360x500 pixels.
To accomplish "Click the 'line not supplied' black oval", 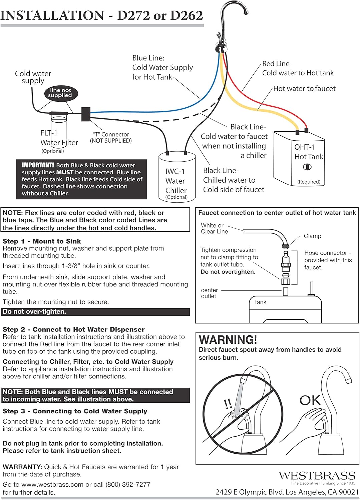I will coord(60,93).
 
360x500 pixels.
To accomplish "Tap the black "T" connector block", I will coord(86,114).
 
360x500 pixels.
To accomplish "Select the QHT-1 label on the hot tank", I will coord(304,147).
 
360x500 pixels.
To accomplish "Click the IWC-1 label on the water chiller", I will coord(175,171).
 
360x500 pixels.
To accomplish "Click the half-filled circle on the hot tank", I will coord(307,167).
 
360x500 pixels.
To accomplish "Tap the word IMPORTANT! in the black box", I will coord(38,165).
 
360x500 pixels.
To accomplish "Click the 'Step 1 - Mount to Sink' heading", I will coord(42,241).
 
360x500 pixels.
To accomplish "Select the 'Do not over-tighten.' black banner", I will coord(96,312).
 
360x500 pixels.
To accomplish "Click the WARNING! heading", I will coord(228,340).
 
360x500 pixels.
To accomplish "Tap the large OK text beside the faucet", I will coord(310,400).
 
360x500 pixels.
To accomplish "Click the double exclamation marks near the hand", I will coord(228,404).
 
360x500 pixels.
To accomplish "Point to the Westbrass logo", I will coord(317,476).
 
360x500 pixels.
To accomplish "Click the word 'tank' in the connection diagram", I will coord(261,302).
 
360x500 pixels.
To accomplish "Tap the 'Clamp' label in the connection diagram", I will coord(312,236).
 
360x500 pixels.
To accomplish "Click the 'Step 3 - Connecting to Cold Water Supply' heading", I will coord(75,411).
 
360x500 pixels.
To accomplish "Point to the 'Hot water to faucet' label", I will coord(304,89).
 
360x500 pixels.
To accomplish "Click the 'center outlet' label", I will coord(209,293).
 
